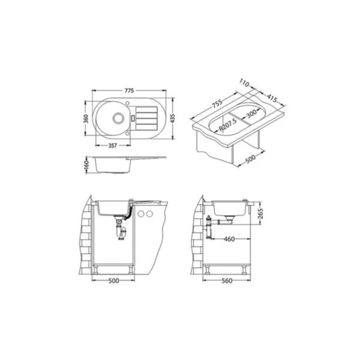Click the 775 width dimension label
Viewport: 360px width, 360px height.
click(x=129, y=91)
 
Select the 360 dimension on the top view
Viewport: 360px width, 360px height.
click(x=86, y=119)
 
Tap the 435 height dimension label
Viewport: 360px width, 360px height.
click(x=173, y=118)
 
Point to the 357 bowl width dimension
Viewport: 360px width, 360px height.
click(x=113, y=146)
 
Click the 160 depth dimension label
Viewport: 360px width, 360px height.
click(x=86, y=165)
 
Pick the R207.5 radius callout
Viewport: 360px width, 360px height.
click(x=228, y=125)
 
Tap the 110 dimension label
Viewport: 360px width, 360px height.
click(x=244, y=83)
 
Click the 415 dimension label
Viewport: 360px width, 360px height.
click(x=272, y=98)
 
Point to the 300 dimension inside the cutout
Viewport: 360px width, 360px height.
click(x=252, y=113)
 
